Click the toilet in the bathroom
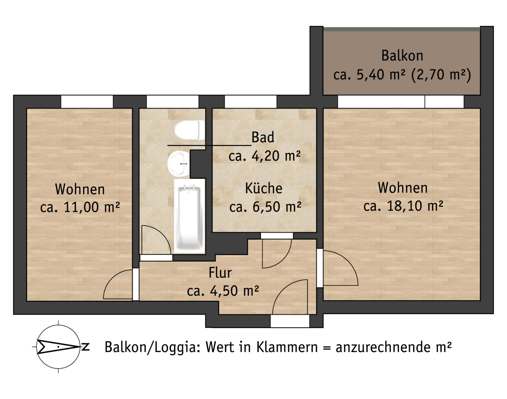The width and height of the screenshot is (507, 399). pyautogui.click(x=189, y=130)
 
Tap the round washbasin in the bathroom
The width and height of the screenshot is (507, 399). pyautogui.click(x=178, y=163)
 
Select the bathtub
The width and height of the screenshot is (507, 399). pyautogui.click(x=189, y=216)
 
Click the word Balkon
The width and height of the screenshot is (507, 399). pyautogui.click(x=402, y=56)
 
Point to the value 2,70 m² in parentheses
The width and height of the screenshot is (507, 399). pyautogui.click(x=441, y=75)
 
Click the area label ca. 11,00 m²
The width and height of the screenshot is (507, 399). pyautogui.click(x=80, y=207)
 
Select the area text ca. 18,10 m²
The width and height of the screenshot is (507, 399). pyautogui.click(x=403, y=206)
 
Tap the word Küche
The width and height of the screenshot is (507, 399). pyautogui.click(x=264, y=188)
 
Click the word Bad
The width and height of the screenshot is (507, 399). pyautogui.click(x=263, y=137)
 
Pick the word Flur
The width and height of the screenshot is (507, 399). pyautogui.click(x=220, y=273)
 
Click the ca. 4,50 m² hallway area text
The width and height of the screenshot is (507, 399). pyautogui.click(x=223, y=291)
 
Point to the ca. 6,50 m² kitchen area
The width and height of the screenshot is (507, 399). pyautogui.click(x=265, y=207)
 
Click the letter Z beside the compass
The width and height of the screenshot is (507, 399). pyautogui.click(x=85, y=347)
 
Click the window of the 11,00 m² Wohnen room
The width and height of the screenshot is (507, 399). pyautogui.click(x=87, y=102)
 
